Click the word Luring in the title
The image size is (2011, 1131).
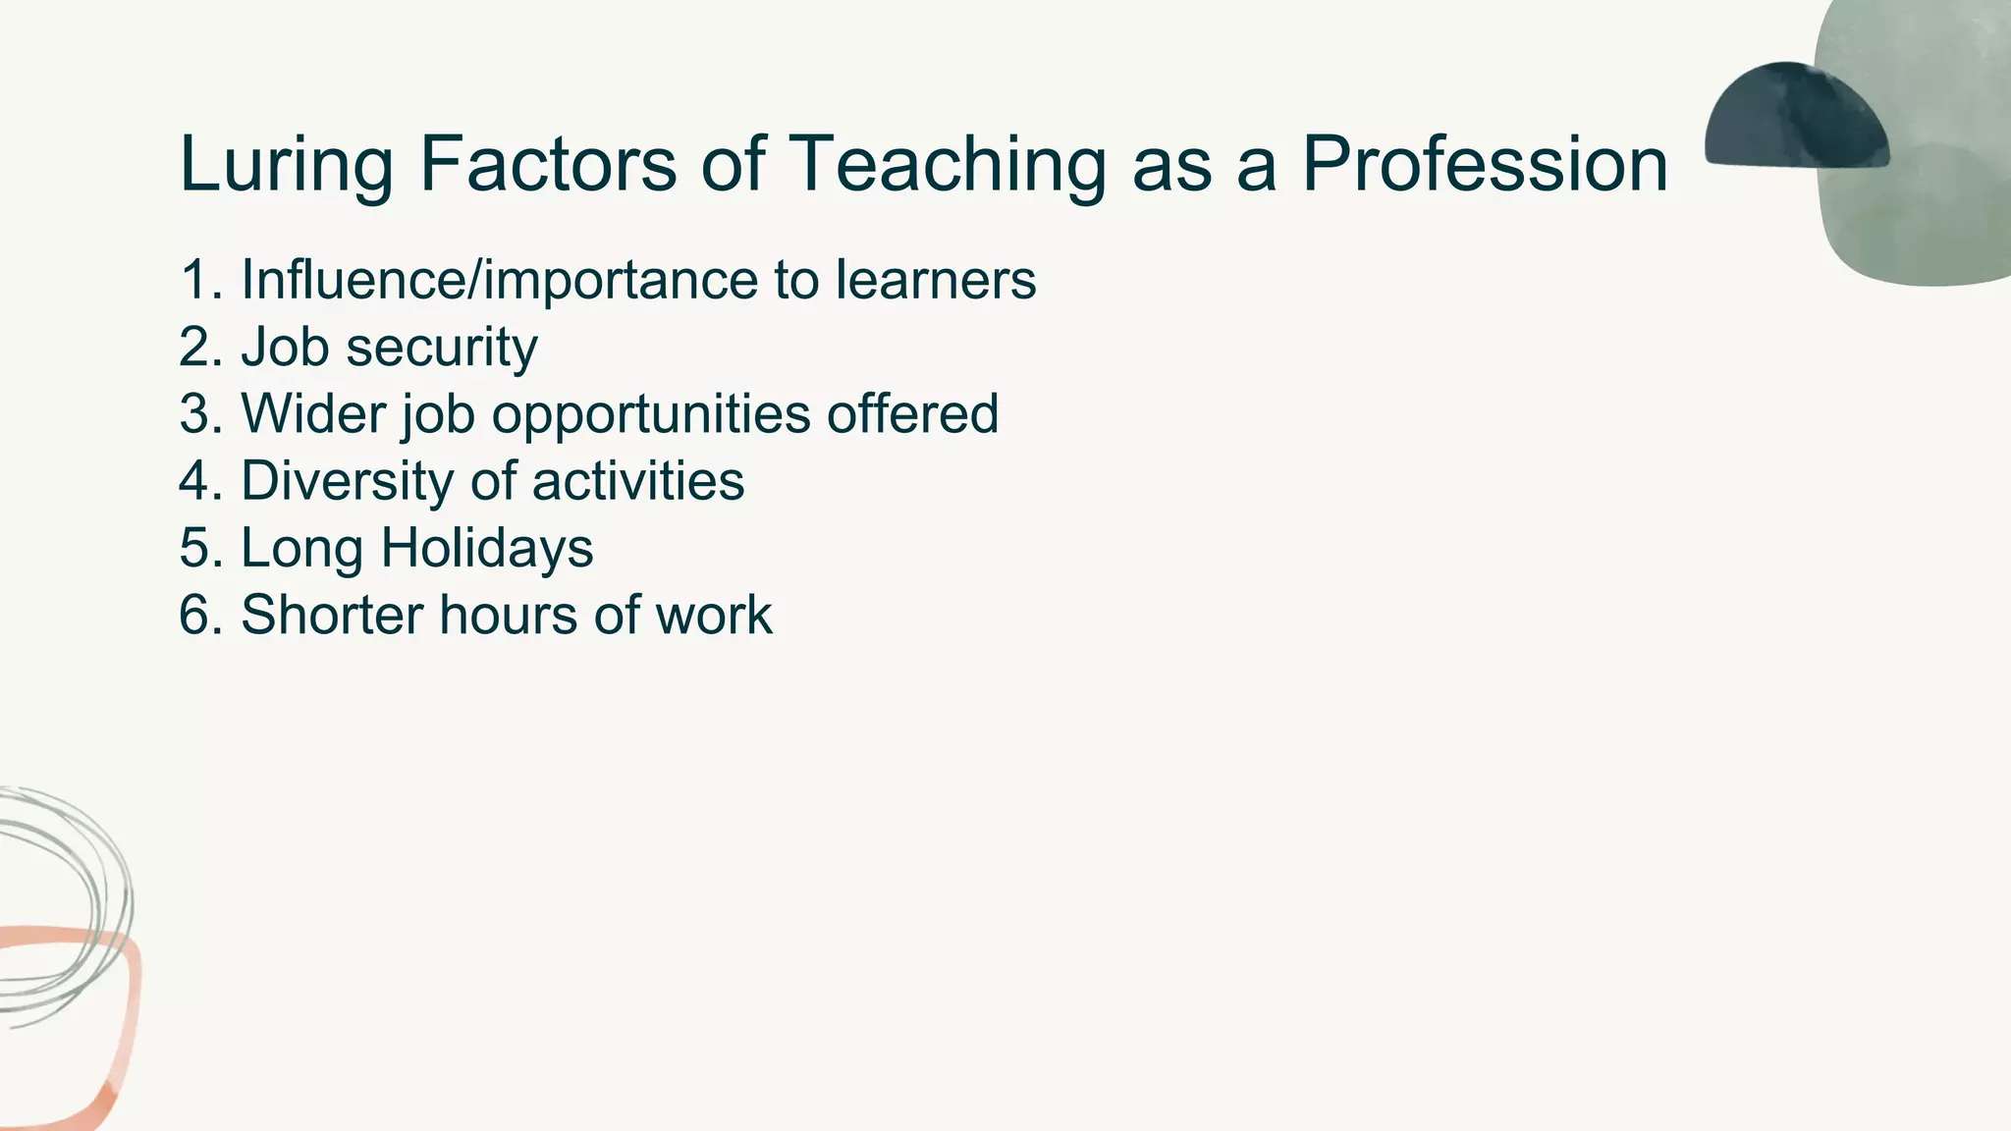point(286,165)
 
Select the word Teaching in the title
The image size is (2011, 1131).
point(948,165)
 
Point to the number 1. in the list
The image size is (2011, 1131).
point(201,280)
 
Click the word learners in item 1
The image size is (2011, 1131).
point(935,280)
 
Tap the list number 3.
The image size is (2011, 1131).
point(201,413)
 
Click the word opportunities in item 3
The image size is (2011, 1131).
point(651,415)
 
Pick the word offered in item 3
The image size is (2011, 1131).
point(912,413)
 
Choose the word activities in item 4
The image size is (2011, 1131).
point(637,481)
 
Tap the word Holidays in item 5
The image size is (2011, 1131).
point(486,549)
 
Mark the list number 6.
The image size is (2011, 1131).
point(201,616)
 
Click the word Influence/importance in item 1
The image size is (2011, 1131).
point(500,281)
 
